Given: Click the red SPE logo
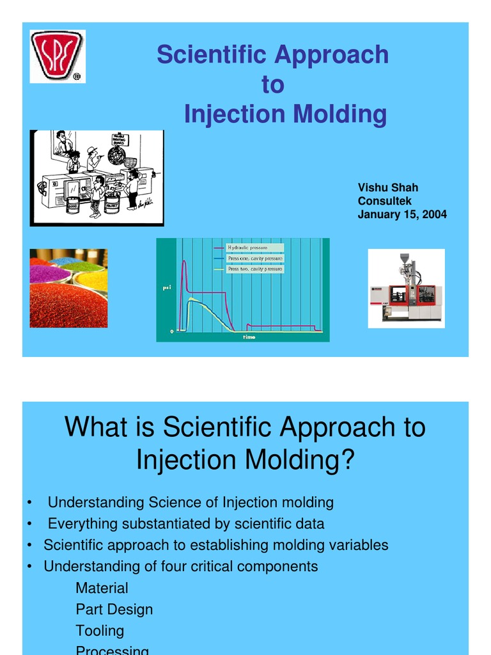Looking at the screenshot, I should (58, 56).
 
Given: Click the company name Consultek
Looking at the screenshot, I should (384, 201).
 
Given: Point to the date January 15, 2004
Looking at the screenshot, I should (402, 214).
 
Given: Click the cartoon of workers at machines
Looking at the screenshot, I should (97, 178).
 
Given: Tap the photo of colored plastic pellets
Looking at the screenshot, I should (68, 288).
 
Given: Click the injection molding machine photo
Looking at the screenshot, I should (406, 288).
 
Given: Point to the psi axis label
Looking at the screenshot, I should (166, 288).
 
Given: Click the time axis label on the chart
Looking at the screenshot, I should (249, 336).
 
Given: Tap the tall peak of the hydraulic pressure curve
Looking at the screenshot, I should (184, 261).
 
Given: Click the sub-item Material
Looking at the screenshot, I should (102, 588).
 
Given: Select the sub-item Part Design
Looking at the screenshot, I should (114, 609).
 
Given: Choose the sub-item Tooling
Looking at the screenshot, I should (100, 630).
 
